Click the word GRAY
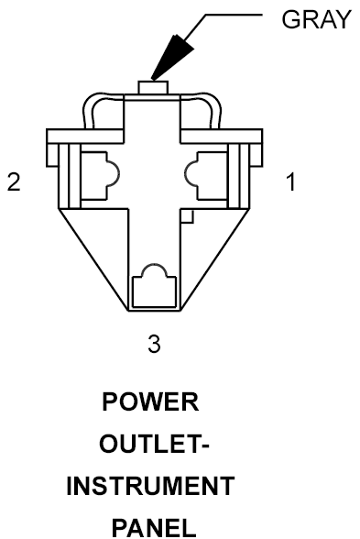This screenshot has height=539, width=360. point(316,19)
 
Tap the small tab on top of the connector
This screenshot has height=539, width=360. point(153,87)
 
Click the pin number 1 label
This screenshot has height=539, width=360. point(290,181)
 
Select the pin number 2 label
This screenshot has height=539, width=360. point(14,181)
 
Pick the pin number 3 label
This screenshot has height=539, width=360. point(154,344)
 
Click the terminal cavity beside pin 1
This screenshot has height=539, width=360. point(206,175)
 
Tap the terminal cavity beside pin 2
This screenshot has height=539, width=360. point(100,175)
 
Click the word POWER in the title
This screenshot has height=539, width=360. point(150,402)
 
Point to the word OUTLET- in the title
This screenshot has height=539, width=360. point(154,444)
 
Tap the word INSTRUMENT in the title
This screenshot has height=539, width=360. point(150,486)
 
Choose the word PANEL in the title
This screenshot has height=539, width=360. point(154,528)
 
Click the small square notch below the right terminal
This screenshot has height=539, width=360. point(187,216)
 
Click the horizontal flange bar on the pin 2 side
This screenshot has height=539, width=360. point(85,136)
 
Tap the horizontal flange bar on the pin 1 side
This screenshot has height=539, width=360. point(222,136)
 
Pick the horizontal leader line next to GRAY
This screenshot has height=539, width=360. point(234,15)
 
